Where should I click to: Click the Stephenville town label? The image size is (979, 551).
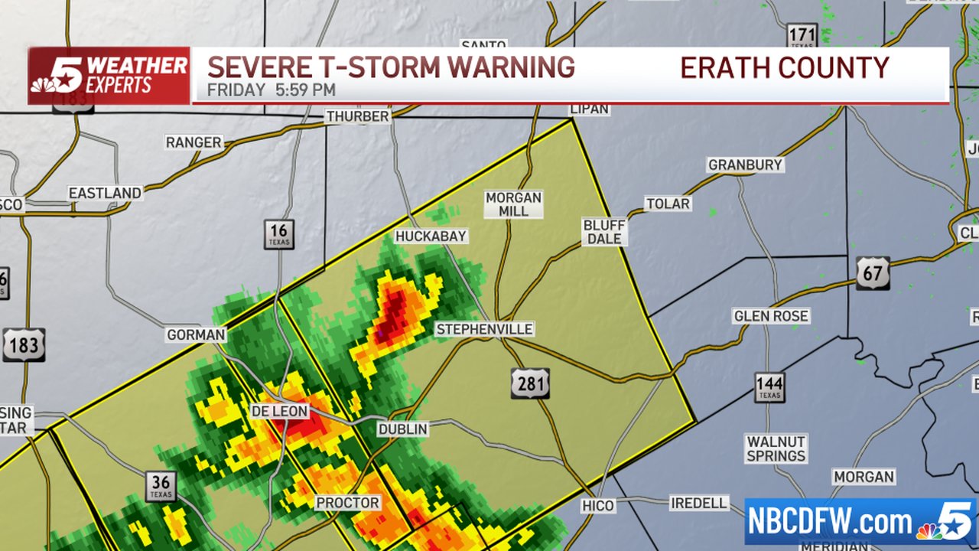[x=484, y=329]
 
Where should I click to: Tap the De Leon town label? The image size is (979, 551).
[x=280, y=412]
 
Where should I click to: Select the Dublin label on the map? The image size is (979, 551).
[x=403, y=429]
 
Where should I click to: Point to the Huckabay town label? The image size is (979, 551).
[x=431, y=236]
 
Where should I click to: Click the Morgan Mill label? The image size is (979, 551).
[x=513, y=204]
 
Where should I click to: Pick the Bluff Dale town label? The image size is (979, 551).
[x=604, y=232]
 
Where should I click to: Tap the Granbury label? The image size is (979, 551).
[x=745, y=165]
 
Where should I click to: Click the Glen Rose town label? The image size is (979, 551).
[x=771, y=316]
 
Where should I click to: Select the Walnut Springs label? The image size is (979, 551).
[x=776, y=448]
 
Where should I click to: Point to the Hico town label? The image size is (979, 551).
[x=597, y=505]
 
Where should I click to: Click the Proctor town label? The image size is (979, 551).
[x=348, y=503]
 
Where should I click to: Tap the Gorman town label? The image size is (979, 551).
[x=197, y=334]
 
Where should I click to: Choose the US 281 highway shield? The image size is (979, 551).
[x=530, y=383]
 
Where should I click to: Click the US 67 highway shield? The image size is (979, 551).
[x=873, y=273]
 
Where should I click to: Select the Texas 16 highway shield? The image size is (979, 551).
[x=279, y=234]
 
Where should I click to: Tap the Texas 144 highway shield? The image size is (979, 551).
[x=769, y=388]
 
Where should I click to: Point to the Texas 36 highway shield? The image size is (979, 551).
[x=161, y=486]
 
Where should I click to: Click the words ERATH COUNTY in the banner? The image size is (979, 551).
[x=784, y=67]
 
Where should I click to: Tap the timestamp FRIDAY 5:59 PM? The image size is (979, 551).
[x=272, y=90]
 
